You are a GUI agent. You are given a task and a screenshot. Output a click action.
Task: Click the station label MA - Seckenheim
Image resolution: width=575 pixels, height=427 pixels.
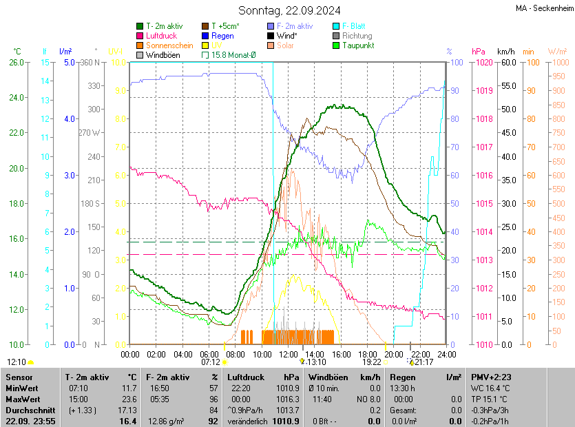pyautogui.click(x=543, y=8)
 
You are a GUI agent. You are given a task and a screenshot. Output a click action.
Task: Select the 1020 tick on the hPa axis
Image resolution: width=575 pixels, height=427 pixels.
pyautogui.click(x=483, y=63)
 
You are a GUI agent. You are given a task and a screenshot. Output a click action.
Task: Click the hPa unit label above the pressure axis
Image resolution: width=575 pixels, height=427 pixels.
pyautogui.click(x=478, y=52)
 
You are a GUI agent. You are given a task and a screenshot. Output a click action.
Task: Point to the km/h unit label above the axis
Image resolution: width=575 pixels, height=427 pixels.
pyautogui.click(x=506, y=52)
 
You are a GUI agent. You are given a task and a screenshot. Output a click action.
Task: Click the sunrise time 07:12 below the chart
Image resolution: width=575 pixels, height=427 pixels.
pyautogui.click(x=211, y=362)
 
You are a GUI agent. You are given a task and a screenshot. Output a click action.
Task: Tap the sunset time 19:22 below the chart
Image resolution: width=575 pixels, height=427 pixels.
pyautogui.click(x=372, y=362)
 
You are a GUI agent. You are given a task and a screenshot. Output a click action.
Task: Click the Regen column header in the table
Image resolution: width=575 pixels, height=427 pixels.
pyautogui.click(x=403, y=377)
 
